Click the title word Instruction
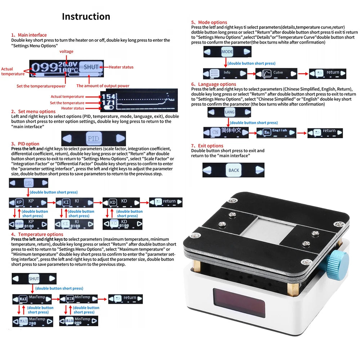click(x=86, y=17)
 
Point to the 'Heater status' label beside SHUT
click(x=121, y=67)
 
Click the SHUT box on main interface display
click(x=91, y=67)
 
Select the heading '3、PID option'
click(x=25, y=144)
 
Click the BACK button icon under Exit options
click(x=233, y=170)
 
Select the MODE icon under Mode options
click(x=227, y=52)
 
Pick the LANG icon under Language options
click(x=229, y=112)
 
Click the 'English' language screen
click(x=276, y=132)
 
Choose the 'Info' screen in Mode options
click(x=225, y=73)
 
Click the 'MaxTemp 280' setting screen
click(x=33, y=321)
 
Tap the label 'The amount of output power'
click(x=103, y=86)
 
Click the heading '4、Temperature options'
click(x=32, y=234)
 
